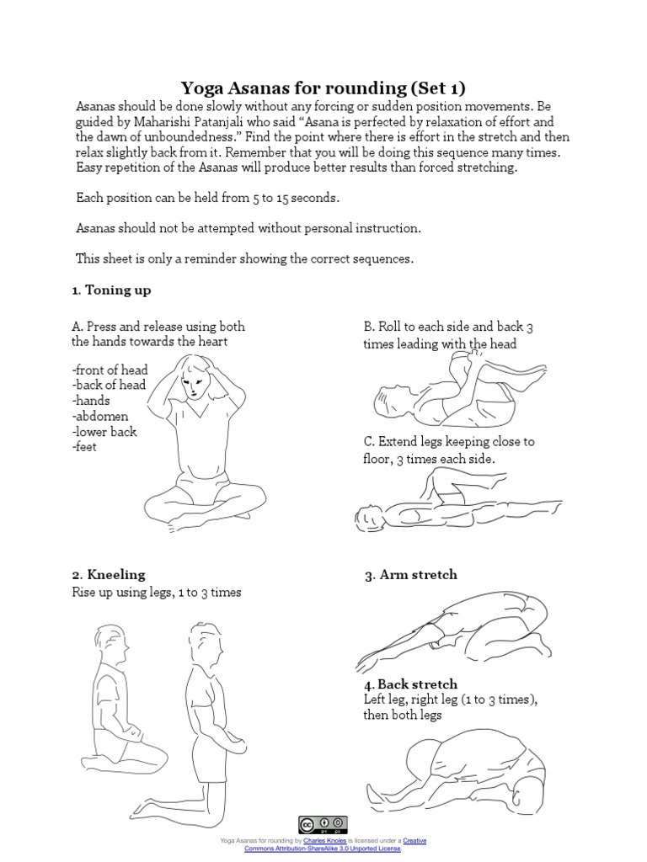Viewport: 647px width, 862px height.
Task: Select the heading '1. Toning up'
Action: (x=111, y=290)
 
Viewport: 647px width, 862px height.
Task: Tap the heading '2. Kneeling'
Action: (x=109, y=575)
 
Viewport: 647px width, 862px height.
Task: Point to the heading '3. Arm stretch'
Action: (x=410, y=575)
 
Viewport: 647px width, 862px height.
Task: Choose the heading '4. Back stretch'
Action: (x=410, y=684)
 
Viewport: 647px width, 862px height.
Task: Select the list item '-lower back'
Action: (x=105, y=432)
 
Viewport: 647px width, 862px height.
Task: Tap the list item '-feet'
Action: (x=85, y=447)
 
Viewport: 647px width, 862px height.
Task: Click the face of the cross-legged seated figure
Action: (x=195, y=387)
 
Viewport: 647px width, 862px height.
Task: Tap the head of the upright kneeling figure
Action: (x=203, y=642)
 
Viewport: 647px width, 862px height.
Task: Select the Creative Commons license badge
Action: (x=323, y=825)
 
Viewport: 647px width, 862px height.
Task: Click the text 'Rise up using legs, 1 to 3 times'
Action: (x=158, y=593)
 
